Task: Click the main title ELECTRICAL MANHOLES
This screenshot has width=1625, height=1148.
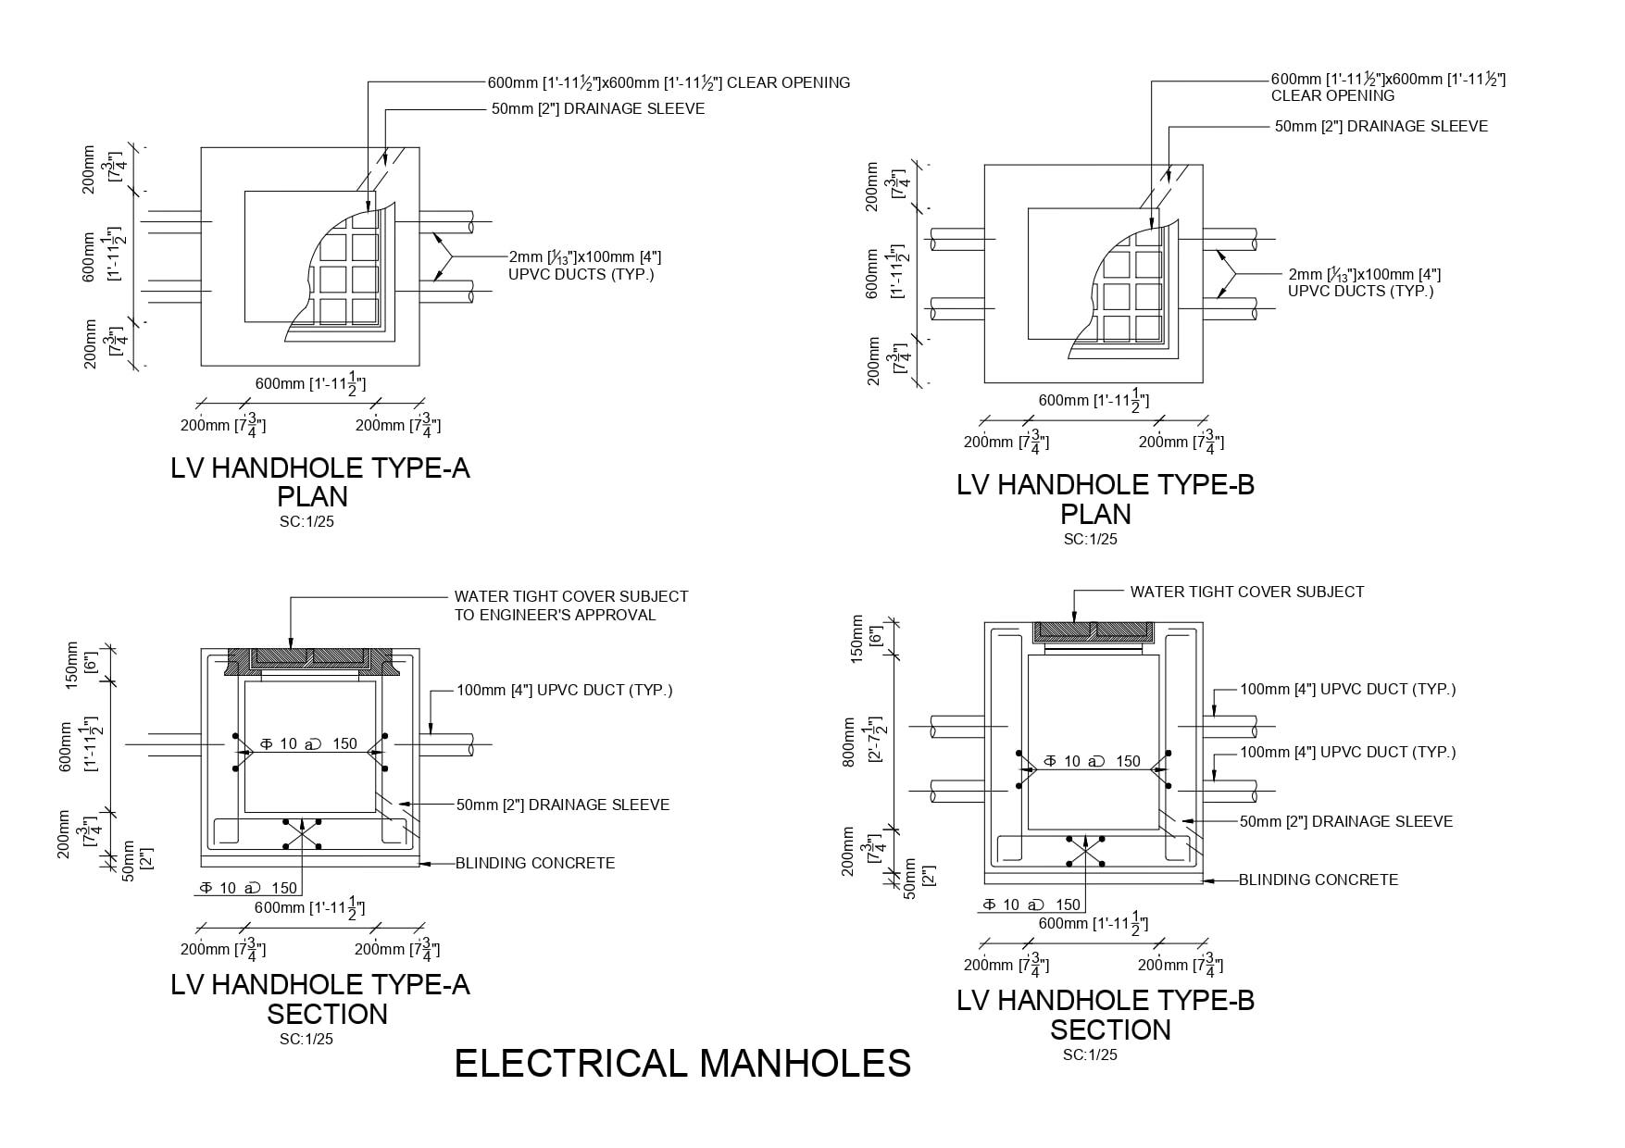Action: (x=682, y=1064)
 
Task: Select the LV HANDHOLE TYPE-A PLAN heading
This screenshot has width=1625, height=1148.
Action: (x=320, y=482)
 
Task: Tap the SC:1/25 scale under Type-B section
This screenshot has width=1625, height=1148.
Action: (x=1090, y=1055)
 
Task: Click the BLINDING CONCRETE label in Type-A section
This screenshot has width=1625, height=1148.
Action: (x=535, y=863)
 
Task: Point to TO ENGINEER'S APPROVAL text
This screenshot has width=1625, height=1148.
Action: (x=555, y=615)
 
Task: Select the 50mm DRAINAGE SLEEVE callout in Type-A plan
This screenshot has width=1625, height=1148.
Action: (x=598, y=108)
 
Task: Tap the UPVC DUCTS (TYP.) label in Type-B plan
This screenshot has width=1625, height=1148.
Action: (x=1360, y=291)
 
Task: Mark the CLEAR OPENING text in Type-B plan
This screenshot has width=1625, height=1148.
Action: (x=1332, y=95)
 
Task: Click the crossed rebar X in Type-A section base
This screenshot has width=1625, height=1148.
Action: (x=302, y=834)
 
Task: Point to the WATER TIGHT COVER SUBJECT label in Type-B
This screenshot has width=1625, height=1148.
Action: (x=1246, y=592)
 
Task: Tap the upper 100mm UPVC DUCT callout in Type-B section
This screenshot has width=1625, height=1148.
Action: (x=1347, y=689)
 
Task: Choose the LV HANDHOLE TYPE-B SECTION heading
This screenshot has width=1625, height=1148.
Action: (x=1106, y=1015)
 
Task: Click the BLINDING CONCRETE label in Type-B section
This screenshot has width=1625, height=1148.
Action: (x=1319, y=880)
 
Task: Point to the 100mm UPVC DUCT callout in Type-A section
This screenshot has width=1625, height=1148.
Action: (x=564, y=690)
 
